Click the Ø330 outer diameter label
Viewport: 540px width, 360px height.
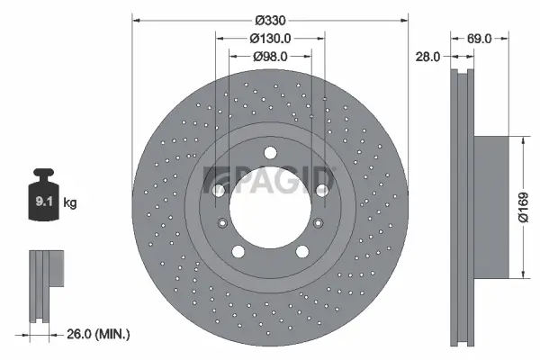269,19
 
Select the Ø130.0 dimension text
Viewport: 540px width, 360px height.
269,38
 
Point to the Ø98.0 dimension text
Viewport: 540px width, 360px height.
269,56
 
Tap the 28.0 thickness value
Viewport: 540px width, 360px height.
427,56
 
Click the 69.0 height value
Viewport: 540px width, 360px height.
479,39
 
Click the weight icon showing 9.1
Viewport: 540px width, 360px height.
43,201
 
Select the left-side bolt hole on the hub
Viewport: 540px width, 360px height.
217,190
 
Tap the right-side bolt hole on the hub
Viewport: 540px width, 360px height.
320,190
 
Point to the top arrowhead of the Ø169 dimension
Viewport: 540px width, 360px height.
521,139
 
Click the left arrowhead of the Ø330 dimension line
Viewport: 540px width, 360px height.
137,20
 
